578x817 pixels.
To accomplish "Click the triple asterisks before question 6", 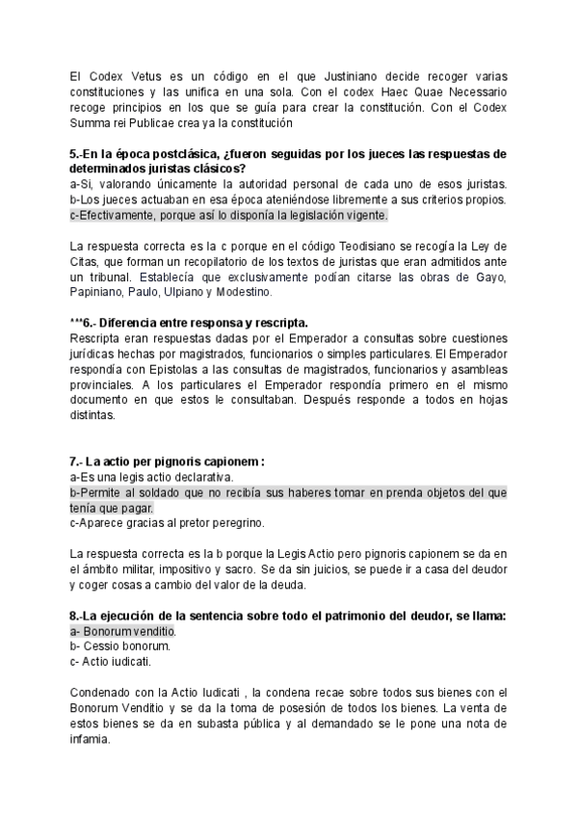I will [x=79, y=324].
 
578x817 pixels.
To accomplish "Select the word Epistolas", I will [x=171, y=370].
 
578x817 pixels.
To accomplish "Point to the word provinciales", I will [x=104, y=385].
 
